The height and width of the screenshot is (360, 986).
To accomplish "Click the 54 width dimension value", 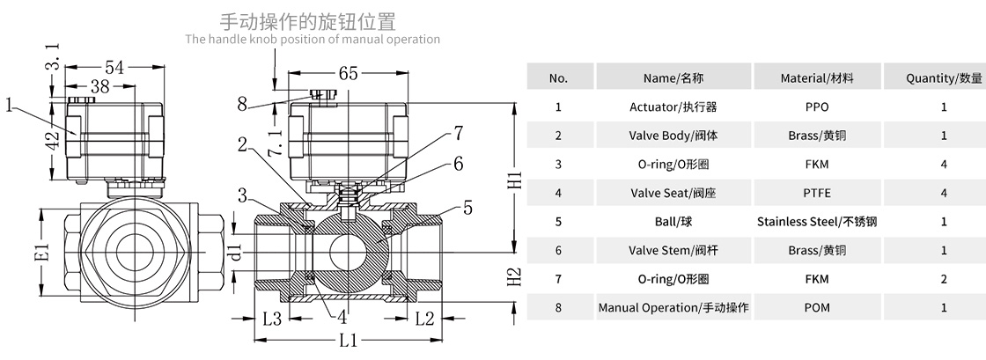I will (x=114, y=68).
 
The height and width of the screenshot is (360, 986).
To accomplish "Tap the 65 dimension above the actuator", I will (x=348, y=74).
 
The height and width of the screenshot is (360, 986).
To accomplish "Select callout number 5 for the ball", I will (x=467, y=208).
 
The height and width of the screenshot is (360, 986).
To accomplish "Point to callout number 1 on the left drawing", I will (x=10, y=106).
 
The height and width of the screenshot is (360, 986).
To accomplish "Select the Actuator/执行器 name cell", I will (x=673, y=107).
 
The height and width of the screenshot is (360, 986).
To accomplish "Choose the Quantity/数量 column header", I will (x=944, y=77).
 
